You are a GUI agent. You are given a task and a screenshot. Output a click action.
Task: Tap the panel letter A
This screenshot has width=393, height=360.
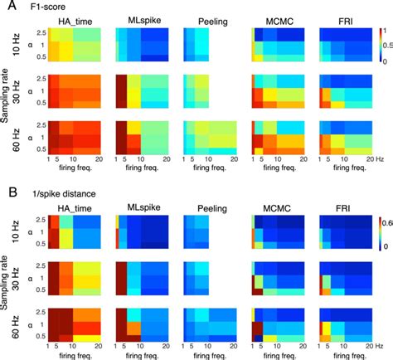[7, 7]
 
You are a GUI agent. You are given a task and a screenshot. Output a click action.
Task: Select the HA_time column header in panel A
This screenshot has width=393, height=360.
[77, 21]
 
